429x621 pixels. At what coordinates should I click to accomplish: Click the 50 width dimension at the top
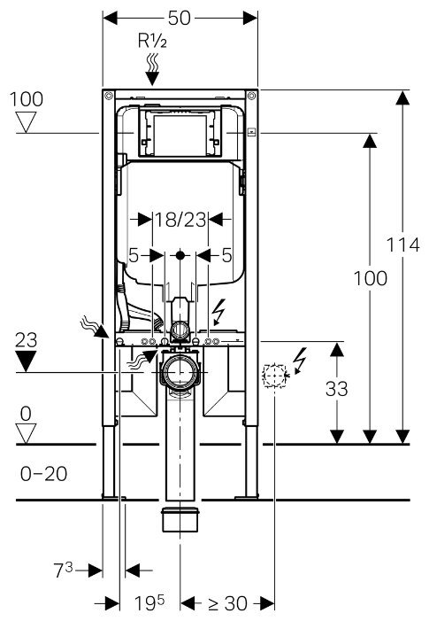pyautogui.click(x=179, y=18)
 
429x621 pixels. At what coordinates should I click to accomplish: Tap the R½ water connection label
pyautogui.click(x=152, y=41)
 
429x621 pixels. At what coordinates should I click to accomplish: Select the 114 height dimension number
pyautogui.click(x=402, y=245)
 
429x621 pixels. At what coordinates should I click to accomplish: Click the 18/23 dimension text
pyautogui.click(x=180, y=220)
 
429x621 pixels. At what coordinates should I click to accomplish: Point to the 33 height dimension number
pyautogui.click(x=336, y=389)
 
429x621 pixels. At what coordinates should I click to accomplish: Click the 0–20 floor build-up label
pyautogui.click(x=43, y=474)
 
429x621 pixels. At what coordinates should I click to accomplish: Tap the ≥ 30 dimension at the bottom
pyautogui.click(x=227, y=603)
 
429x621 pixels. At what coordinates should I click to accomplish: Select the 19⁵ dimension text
pyautogui.click(x=149, y=602)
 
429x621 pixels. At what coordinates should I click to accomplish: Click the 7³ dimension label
pyautogui.click(x=64, y=570)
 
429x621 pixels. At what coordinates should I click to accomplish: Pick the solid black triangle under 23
pyautogui.click(x=26, y=361)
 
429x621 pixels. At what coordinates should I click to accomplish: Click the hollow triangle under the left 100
pyautogui.click(x=27, y=122)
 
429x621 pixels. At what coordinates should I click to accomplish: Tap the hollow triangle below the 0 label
pyautogui.click(x=27, y=434)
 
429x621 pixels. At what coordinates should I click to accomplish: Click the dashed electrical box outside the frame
pyautogui.click(x=275, y=375)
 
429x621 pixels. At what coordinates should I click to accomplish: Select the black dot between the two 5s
pyautogui.click(x=180, y=255)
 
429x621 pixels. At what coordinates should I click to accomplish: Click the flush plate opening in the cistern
pyautogui.click(x=180, y=134)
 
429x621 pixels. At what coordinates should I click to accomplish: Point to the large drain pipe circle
pyautogui.click(x=180, y=372)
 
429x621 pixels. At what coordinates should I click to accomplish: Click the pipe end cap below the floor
pyautogui.click(x=180, y=520)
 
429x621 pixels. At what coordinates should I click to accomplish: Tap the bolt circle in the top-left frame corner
pyautogui.click(x=109, y=96)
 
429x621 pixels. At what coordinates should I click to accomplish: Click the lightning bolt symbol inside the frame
pyautogui.click(x=218, y=312)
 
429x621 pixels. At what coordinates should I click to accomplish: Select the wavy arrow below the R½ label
pyautogui.click(x=152, y=70)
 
